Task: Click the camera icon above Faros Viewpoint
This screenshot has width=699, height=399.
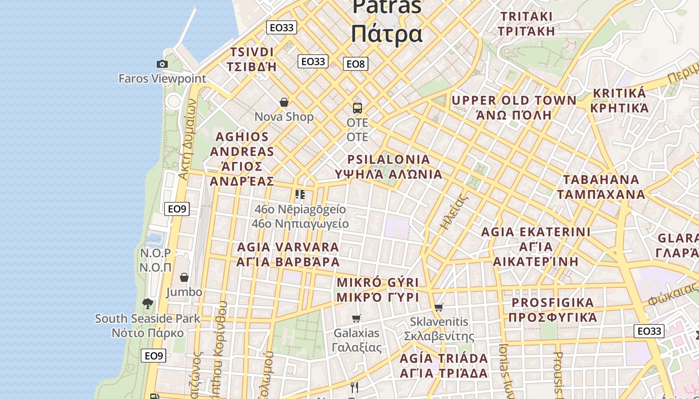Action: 162,64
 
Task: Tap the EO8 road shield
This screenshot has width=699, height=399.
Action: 355,64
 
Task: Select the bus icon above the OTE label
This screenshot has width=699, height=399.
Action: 357,108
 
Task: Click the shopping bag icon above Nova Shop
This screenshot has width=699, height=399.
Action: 284,102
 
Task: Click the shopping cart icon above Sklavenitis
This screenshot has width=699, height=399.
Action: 439,307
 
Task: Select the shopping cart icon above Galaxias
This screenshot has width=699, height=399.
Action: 356,318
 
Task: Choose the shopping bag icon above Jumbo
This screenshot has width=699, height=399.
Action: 184,277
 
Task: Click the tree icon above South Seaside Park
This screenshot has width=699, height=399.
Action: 148,303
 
